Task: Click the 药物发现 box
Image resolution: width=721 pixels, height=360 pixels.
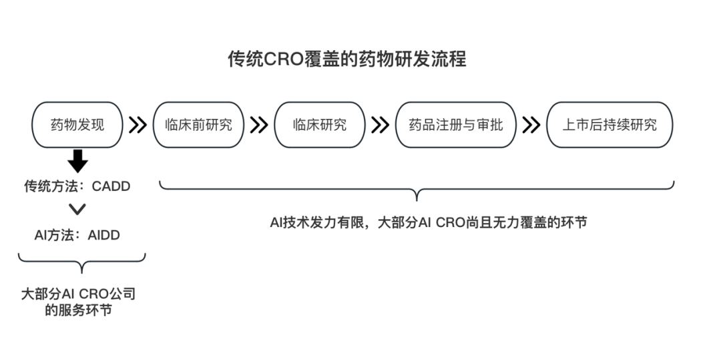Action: point(78,124)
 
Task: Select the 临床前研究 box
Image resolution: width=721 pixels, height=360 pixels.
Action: point(198,124)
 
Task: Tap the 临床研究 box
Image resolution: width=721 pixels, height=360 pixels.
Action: point(320,124)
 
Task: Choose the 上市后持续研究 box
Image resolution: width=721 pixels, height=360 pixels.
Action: point(610,124)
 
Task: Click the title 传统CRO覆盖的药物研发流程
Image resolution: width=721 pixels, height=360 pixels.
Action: point(347,59)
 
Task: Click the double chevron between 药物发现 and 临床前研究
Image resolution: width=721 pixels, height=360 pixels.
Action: point(138,125)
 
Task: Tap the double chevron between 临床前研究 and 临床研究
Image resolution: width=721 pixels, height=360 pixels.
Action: point(258,125)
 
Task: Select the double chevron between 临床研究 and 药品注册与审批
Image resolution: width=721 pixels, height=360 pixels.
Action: point(381,125)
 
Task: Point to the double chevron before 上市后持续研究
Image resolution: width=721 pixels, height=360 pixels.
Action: point(531,125)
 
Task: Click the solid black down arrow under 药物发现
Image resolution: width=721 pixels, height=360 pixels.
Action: point(78,161)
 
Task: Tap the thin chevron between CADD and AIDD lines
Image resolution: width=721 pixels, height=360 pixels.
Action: point(78,210)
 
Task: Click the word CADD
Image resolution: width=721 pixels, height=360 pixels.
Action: point(111,186)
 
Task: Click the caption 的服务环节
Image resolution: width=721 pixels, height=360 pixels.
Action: point(78,310)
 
